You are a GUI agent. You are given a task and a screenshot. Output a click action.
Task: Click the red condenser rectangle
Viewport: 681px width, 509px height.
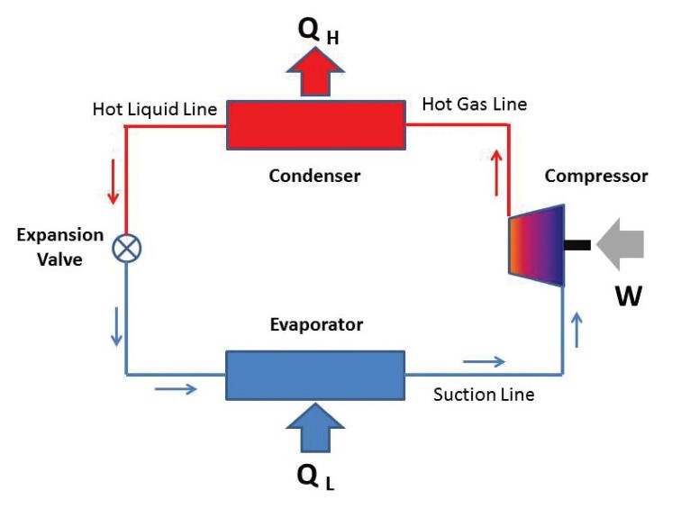(x=315, y=125)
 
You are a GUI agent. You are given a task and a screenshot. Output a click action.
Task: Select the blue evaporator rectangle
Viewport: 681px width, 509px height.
(x=315, y=374)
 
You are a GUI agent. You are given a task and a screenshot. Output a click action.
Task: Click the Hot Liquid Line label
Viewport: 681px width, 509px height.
(x=154, y=110)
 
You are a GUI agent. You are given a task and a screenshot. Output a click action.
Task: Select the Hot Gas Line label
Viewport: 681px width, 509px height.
(x=475, y=105)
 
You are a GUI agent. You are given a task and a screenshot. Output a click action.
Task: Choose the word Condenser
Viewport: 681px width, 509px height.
(x=314, y=177)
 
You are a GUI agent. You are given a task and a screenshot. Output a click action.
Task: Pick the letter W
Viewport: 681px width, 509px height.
(x=627, y=295)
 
